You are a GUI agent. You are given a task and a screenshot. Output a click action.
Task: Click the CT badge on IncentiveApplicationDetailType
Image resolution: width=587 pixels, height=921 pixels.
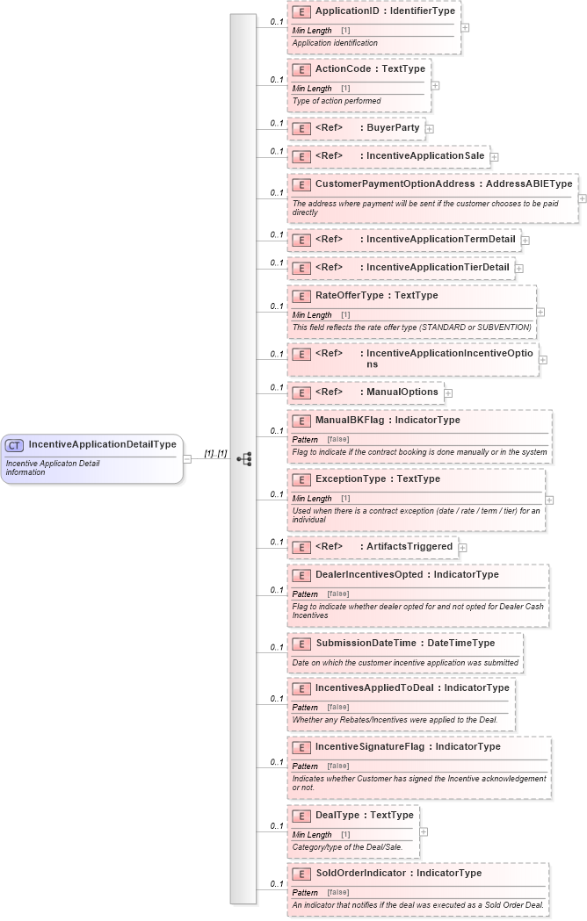[15, 445]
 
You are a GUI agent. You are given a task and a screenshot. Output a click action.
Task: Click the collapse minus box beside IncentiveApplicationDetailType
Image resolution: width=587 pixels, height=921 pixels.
[187, 458]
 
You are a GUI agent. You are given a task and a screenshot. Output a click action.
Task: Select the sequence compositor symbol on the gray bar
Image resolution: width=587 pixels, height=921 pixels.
[244, 458]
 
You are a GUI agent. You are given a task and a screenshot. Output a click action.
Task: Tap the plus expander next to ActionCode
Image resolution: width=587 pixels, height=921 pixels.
[435, 86]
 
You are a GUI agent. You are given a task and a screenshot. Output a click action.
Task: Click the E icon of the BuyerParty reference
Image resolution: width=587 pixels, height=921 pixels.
[301, 128]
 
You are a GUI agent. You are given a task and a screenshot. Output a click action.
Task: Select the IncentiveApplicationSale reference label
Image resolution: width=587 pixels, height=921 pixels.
[425, 156]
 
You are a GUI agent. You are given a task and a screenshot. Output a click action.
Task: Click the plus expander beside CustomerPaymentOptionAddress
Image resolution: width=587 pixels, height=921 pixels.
[582, 198]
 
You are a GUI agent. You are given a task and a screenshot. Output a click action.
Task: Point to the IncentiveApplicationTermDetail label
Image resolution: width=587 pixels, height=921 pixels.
[440, 239]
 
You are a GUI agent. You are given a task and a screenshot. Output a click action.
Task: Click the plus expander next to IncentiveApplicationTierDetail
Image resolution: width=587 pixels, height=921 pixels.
[518, 268]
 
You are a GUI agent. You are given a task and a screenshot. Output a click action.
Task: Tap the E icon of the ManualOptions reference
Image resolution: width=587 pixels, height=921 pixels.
[301, 392]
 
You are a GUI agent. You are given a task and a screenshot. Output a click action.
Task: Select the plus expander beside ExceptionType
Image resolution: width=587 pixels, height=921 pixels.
[549, 500]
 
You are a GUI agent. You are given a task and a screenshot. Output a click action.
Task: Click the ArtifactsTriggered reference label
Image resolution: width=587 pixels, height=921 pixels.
[409, 546]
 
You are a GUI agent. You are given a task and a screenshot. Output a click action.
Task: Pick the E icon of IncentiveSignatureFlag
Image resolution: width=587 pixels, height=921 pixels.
[301, 747]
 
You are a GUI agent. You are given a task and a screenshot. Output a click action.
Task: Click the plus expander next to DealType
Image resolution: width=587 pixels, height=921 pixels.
[424, 831]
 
